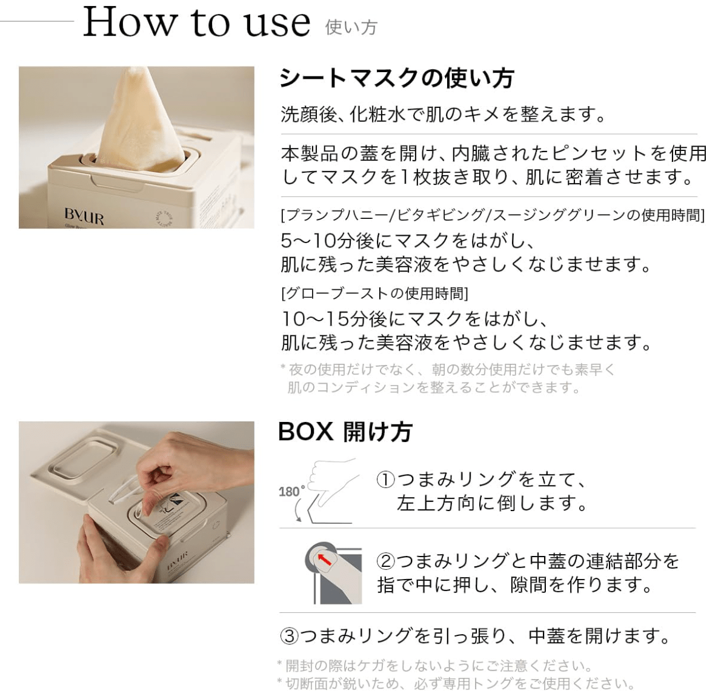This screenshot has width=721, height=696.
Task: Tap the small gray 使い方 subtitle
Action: coord(351,28)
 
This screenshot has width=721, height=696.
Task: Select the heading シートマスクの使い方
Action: coord(397,78)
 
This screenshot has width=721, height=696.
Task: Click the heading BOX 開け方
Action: coord(345,432)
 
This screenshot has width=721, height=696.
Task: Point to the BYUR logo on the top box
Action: coord(84,216)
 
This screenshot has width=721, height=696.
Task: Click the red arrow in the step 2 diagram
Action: coord(325,560)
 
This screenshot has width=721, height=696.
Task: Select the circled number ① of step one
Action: coord(386,480)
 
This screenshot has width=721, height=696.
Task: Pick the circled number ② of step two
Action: coord(386,561)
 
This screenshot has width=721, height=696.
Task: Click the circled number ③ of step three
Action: coord(289,636)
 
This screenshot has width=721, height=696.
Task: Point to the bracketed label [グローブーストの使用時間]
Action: coord(375,293)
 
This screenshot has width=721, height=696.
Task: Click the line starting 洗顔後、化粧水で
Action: coord(444,113)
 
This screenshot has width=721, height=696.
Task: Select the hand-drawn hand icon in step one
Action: coord(333,481)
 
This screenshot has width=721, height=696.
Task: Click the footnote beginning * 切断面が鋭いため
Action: coord(456,684)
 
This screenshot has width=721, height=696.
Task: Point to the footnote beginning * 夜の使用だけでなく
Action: coord(447,378)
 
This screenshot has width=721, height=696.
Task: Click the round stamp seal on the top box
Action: coord(165,217)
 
